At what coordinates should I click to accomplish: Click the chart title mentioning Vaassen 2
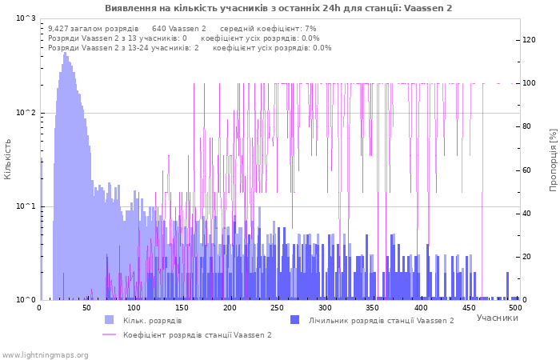click(278, 8)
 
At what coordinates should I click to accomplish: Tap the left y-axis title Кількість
click(8, 158)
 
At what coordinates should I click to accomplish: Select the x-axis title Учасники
click(497, 318)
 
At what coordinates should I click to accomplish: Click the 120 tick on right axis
click(529, 40)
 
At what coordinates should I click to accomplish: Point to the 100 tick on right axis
click(529, 83)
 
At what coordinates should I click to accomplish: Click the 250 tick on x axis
click(278, 308)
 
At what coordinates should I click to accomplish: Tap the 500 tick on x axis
click(514, 308)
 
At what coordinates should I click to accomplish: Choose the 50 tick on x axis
click(87, 308)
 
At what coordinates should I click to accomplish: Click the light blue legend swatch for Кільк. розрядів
click(110, 320)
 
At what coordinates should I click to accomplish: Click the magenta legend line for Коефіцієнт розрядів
click(110, 334)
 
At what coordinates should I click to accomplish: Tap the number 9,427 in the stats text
click(60, 29)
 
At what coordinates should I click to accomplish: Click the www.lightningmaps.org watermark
click(45, 354)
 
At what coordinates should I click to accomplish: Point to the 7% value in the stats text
click(310, 29)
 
